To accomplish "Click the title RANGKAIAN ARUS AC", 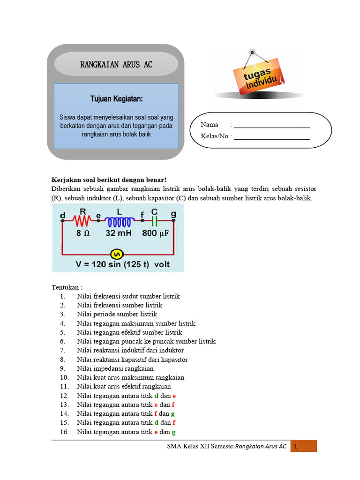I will tap(116, 64).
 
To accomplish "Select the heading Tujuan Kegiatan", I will tap(116, 99).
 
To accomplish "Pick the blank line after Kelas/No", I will tap(272, 138).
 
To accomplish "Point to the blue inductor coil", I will tap(120, 220).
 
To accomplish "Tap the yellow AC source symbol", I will tap(117, 254).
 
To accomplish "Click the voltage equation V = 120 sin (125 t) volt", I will tap(123, 264).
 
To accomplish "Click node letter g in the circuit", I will tap(174, 214).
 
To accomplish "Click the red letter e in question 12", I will tap(174, 396).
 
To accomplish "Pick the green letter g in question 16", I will tap(174, 432).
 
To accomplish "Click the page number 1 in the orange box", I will tap(296, 447).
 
